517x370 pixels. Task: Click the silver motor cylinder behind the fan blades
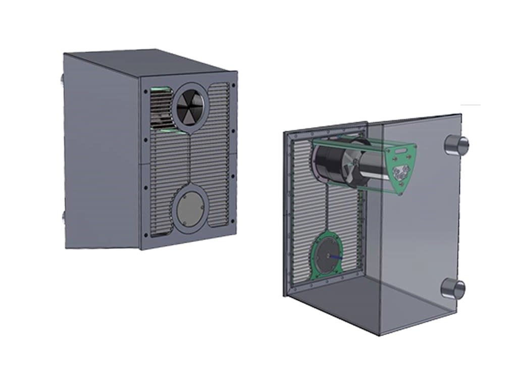pyautogui.click(x=371, y=169)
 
